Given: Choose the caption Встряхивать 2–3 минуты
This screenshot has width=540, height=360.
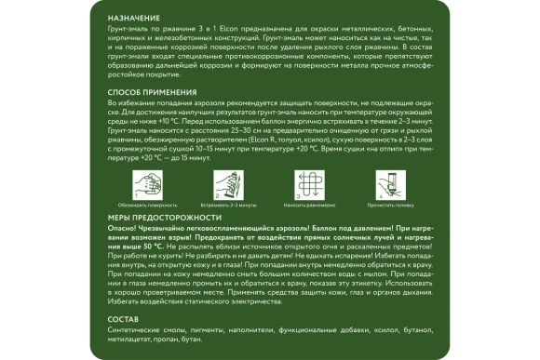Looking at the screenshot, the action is tap(227, 203).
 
